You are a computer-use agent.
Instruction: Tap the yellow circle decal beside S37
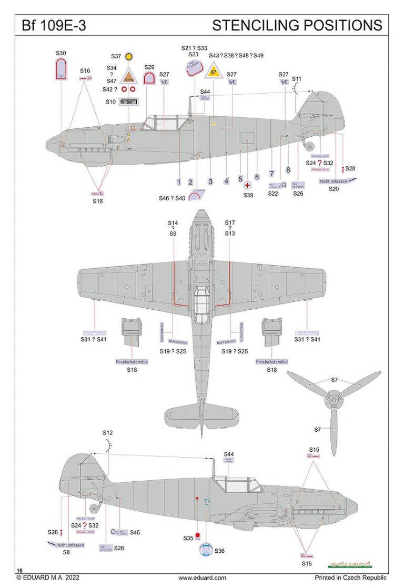pos(129,56)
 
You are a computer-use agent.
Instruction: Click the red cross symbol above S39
pos(248,185)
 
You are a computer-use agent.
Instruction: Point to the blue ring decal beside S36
pos(206,550)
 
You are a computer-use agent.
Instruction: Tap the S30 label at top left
pos(60,53)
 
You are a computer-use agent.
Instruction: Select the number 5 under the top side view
pos(240,179)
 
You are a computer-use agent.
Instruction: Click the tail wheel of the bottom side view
pos(95,508)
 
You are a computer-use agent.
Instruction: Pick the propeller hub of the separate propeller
pos(334,401)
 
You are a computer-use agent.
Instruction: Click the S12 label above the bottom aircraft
pos(107,432)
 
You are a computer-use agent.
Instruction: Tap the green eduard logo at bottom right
pos(349,565)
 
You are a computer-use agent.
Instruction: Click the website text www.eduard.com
pos(202,577)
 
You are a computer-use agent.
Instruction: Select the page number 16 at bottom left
pos(19,571)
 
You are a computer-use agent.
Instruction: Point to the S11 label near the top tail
pos(297,79)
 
